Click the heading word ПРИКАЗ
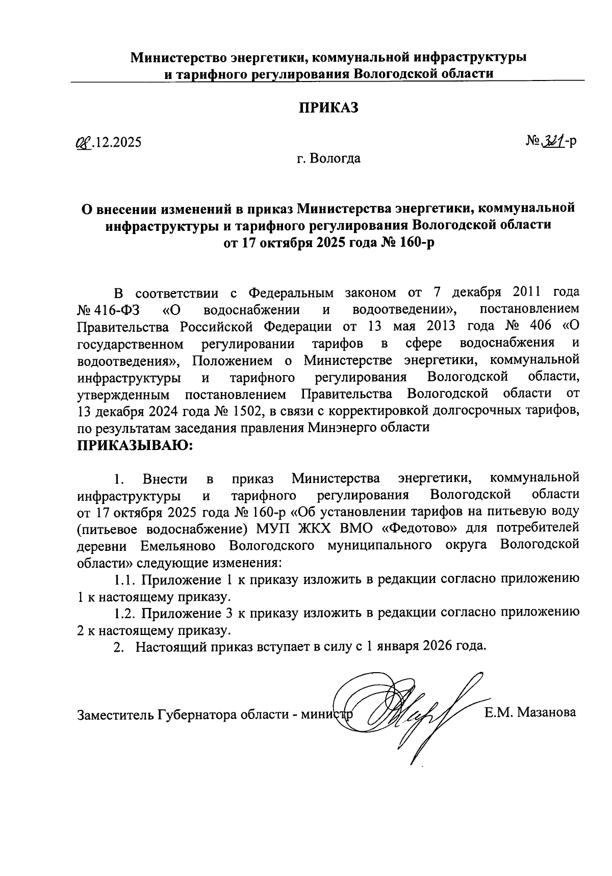click(x=328, y=108)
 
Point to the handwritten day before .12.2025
click(x=82, y=142)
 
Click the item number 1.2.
click(x=124, y=613)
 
